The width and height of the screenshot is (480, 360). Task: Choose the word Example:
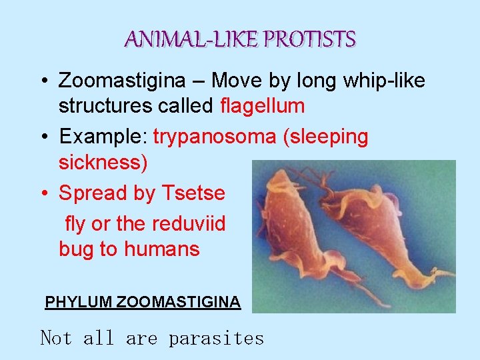103,137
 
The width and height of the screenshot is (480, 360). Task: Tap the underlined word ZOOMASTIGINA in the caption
178,302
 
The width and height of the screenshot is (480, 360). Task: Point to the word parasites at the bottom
216,339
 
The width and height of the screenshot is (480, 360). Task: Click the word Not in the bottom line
56,338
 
